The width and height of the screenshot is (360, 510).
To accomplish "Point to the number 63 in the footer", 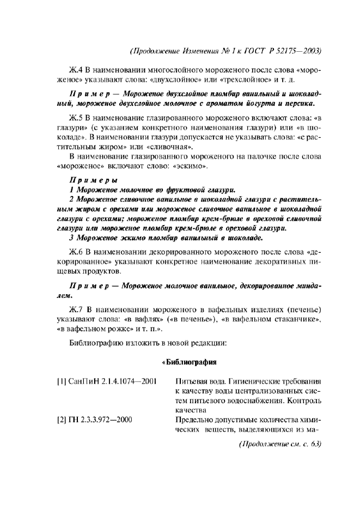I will (314, 445).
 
